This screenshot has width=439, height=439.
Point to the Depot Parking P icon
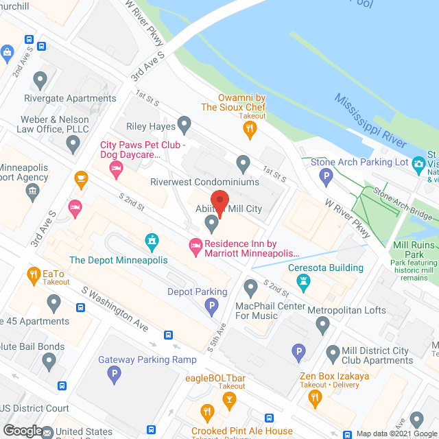213,305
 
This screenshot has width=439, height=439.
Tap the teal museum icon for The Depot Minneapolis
151,241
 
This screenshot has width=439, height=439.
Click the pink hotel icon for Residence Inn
195,245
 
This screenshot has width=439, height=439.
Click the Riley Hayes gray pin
184,124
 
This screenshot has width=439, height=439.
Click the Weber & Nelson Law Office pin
73,144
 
